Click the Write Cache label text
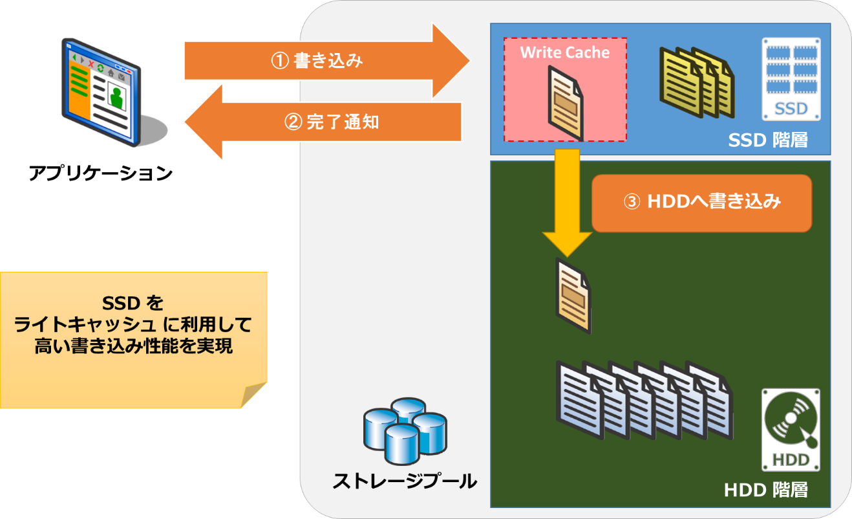pos(565,52)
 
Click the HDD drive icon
pos(791,430)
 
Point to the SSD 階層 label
pos(767,140)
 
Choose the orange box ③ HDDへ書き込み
pos(701,203)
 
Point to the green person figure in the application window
pos(117,97)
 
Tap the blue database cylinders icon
pos(405,430)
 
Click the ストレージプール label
pos(405,481)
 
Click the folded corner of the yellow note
pos(254,395)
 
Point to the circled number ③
pos(632,202)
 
